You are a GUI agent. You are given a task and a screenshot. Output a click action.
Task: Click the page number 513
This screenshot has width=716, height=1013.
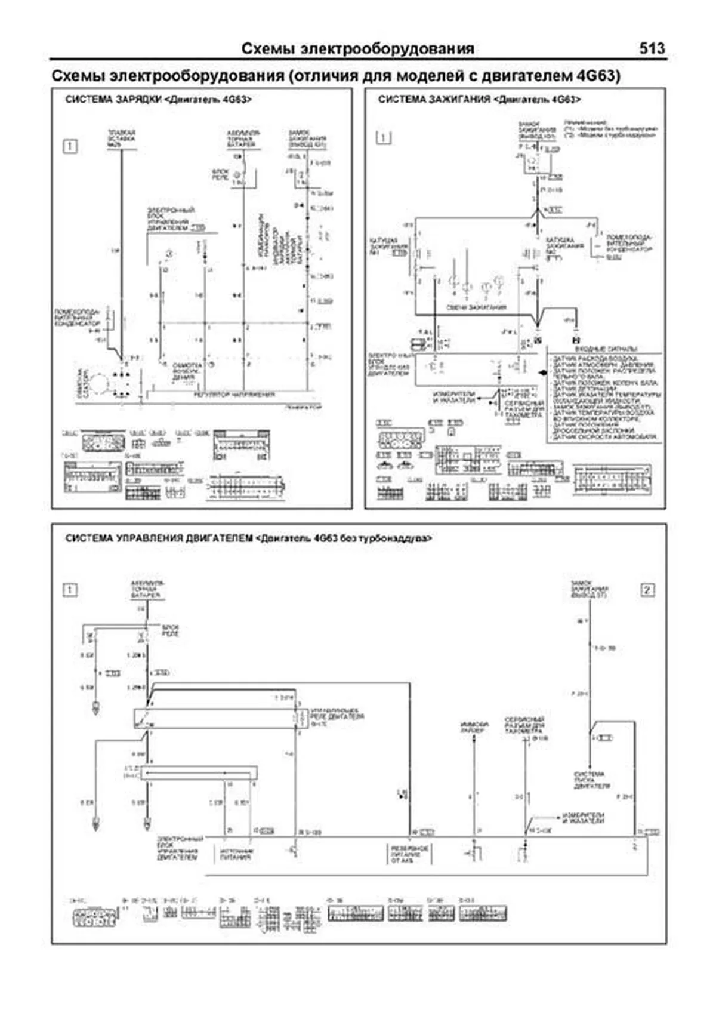pyautogui.click(x=652, y=48)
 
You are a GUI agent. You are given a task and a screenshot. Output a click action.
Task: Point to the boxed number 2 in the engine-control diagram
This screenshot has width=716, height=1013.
pyautogui.click(x=647, y=590)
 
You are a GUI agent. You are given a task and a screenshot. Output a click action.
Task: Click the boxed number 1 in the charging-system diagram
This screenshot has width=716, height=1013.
pyautogui.click(x=70, y=146)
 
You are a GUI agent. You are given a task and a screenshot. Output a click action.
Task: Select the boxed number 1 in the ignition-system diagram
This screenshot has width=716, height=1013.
pyautogui.click(x=384, y=138)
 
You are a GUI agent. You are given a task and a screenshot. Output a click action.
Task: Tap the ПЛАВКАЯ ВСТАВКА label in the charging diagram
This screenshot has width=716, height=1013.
pyautogui.click(x=121, y=138)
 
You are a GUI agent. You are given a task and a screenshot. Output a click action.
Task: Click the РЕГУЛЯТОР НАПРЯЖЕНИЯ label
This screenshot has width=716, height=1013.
pyautogui.click(x=234, y=395)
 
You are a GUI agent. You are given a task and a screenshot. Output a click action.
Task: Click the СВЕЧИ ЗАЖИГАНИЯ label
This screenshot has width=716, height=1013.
pyautogui.click(x=476, y=307)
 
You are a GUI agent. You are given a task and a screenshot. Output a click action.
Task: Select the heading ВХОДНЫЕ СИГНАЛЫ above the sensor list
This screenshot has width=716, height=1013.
pyautogui.click(x=606, y=349)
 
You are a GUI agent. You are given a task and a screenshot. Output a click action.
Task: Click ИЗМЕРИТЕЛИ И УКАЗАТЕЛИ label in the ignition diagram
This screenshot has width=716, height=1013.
pyautogui.click(x=453, y=397)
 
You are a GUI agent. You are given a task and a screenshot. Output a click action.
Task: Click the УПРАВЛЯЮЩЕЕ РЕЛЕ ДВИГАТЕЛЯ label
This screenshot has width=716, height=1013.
pyautogui.click(x=337, y=715)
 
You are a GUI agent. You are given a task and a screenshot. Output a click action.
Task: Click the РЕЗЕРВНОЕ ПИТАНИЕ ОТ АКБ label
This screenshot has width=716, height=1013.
pyautogui.click(x=410, y=854)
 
